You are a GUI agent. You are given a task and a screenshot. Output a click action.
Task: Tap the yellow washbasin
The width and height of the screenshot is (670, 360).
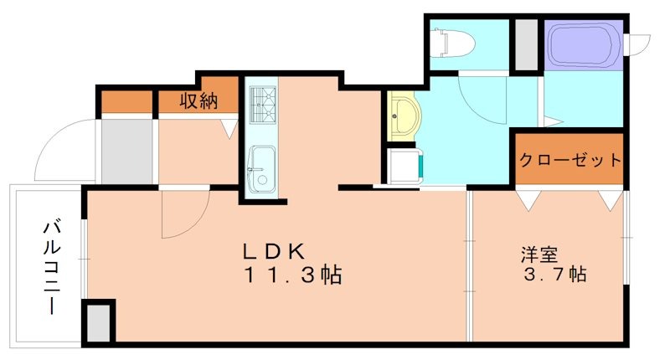click(x=405, y=116)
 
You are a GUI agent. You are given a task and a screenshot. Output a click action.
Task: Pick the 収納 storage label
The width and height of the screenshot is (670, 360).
click(x=198, y=101)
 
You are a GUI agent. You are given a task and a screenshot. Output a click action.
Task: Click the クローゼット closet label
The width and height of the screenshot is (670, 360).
click(x=569, y=159)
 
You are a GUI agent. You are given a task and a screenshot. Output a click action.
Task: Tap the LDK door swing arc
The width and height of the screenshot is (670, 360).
click(x=180, y=213)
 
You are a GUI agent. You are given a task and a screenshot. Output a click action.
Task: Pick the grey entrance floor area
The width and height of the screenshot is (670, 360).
click(x=126, y=151)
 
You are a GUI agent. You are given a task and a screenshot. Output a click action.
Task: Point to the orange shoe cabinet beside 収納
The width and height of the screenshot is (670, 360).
click(x=126, y=102)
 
